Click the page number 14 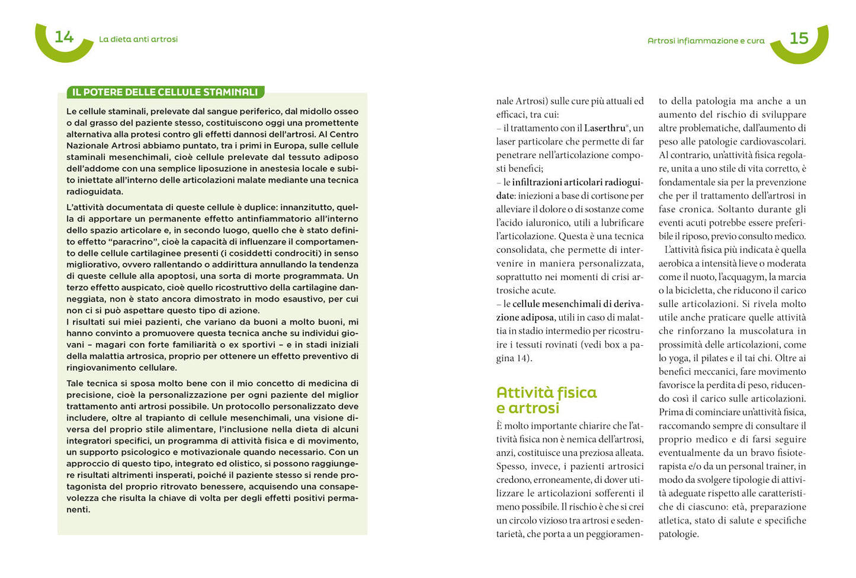[64, 37]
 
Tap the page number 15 [799, 38]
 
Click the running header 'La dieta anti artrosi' [138, 39]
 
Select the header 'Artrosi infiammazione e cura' [706, 41]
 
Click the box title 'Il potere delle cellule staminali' [165, 92]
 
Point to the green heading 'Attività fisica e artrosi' [546, 400]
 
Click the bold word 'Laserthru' [605, 128]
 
